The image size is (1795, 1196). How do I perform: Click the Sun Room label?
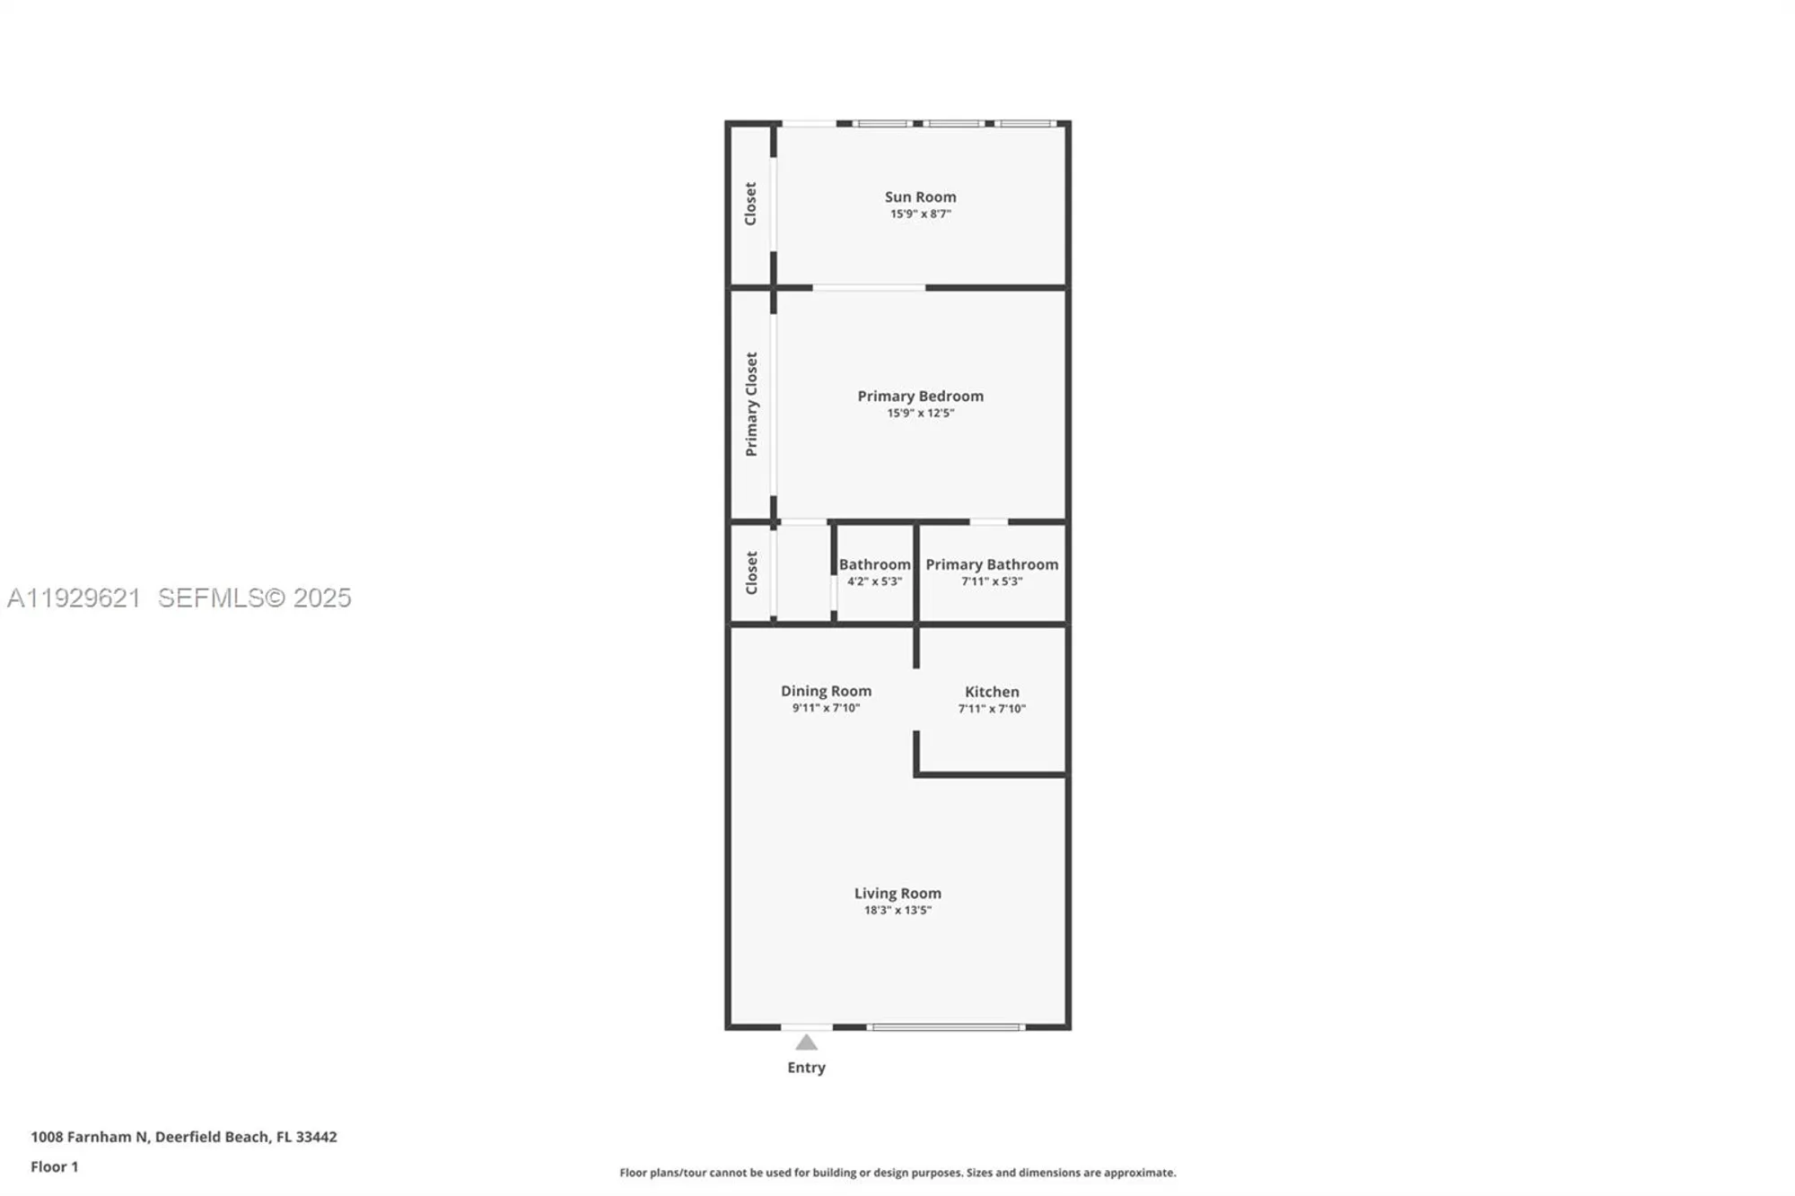[x=920, y=196]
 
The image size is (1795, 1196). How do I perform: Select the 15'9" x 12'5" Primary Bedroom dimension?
[x=920, y=413]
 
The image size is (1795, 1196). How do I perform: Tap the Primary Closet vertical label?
[x=751, y=404]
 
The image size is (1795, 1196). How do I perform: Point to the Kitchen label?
[x=992, y=692]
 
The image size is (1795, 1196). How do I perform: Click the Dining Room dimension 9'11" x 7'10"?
[x=826, y=708]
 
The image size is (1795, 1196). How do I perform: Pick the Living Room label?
[x=897, y=893]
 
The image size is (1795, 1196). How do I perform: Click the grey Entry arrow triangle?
[x=806, y=1043]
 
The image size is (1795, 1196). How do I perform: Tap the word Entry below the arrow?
[x=806, y=1067]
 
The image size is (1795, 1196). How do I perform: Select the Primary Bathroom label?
[x=992, y=564]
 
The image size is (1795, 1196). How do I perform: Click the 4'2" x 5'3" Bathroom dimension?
[x=874, y=581]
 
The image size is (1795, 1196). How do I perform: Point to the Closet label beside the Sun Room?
[x=750, y=204]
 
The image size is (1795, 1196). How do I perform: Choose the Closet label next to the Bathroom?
[x=751, y=572]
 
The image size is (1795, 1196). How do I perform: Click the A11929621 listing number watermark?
[x=74, y=598]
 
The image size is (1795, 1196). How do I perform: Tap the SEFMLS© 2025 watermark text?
[x=255, y=598]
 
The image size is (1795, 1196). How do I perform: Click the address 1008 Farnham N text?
[x=90, y=1137]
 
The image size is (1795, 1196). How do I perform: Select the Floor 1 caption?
[x=54, y=1166]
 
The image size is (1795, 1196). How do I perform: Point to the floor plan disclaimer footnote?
[x=897, y=1173]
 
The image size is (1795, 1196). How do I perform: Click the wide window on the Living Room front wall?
[x=946, y=1026]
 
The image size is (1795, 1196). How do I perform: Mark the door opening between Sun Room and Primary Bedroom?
[x=869, y=288]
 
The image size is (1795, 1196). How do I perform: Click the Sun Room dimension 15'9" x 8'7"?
[x=920, y=214]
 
